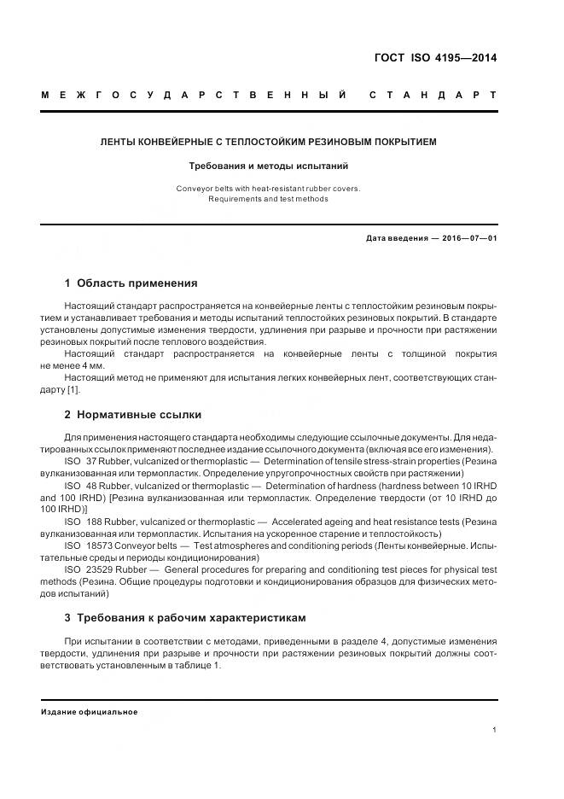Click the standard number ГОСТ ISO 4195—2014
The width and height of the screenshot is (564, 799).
[435, 59]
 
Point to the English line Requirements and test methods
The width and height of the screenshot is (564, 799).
[268, 199]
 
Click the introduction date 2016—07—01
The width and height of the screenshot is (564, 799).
[468, 239]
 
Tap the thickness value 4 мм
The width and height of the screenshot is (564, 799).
[90, 365]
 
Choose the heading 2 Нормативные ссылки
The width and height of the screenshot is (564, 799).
[133, 415]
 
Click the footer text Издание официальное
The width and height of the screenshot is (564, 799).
[90, 712]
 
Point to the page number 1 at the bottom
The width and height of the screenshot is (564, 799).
[495, 729]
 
